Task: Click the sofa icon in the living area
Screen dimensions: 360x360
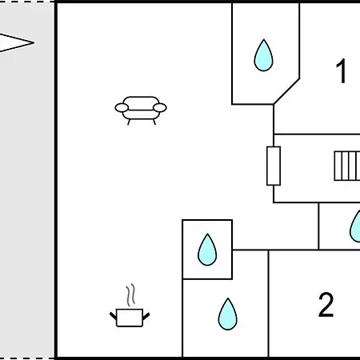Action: click(x=141, y=110)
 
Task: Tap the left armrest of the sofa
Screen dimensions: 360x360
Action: click(x=122, y=108)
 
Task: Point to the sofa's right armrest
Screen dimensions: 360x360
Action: click(x=160, y=108)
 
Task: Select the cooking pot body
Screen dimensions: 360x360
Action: click(x=130, y=318)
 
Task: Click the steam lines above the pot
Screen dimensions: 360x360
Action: click(x=130, y=294)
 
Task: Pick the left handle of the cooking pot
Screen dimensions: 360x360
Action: click(x=113, y=316)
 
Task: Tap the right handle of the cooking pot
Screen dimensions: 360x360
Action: click(x=146, y=316)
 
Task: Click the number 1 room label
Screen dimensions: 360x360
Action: click(x=341, y=70)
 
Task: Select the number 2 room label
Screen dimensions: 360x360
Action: click(x=326, y=304)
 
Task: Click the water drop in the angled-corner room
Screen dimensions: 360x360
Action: click(x=263, y=55)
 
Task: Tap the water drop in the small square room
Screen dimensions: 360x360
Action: click(x=207, y=250)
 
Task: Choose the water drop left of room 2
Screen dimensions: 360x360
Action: click(x=228, y=314)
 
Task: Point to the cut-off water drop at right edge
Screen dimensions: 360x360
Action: click(x=355, y=226)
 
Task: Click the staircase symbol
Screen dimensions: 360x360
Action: click(x=347, y=166)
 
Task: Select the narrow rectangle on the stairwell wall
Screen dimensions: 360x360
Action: click(x=274, y=166)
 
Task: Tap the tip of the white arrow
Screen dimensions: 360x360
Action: click(x=34, y=42)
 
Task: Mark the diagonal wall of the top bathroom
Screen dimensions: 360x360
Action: click(x=286, y=91)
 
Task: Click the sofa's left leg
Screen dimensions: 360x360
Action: click(x=129, y=122)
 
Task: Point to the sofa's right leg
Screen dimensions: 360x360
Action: click(x=154, y=122)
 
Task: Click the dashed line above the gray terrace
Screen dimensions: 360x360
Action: click(x=27, y=2)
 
